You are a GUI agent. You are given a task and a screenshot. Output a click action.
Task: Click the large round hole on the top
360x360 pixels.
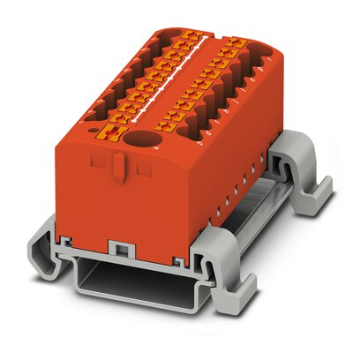(x=140, y=139)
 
